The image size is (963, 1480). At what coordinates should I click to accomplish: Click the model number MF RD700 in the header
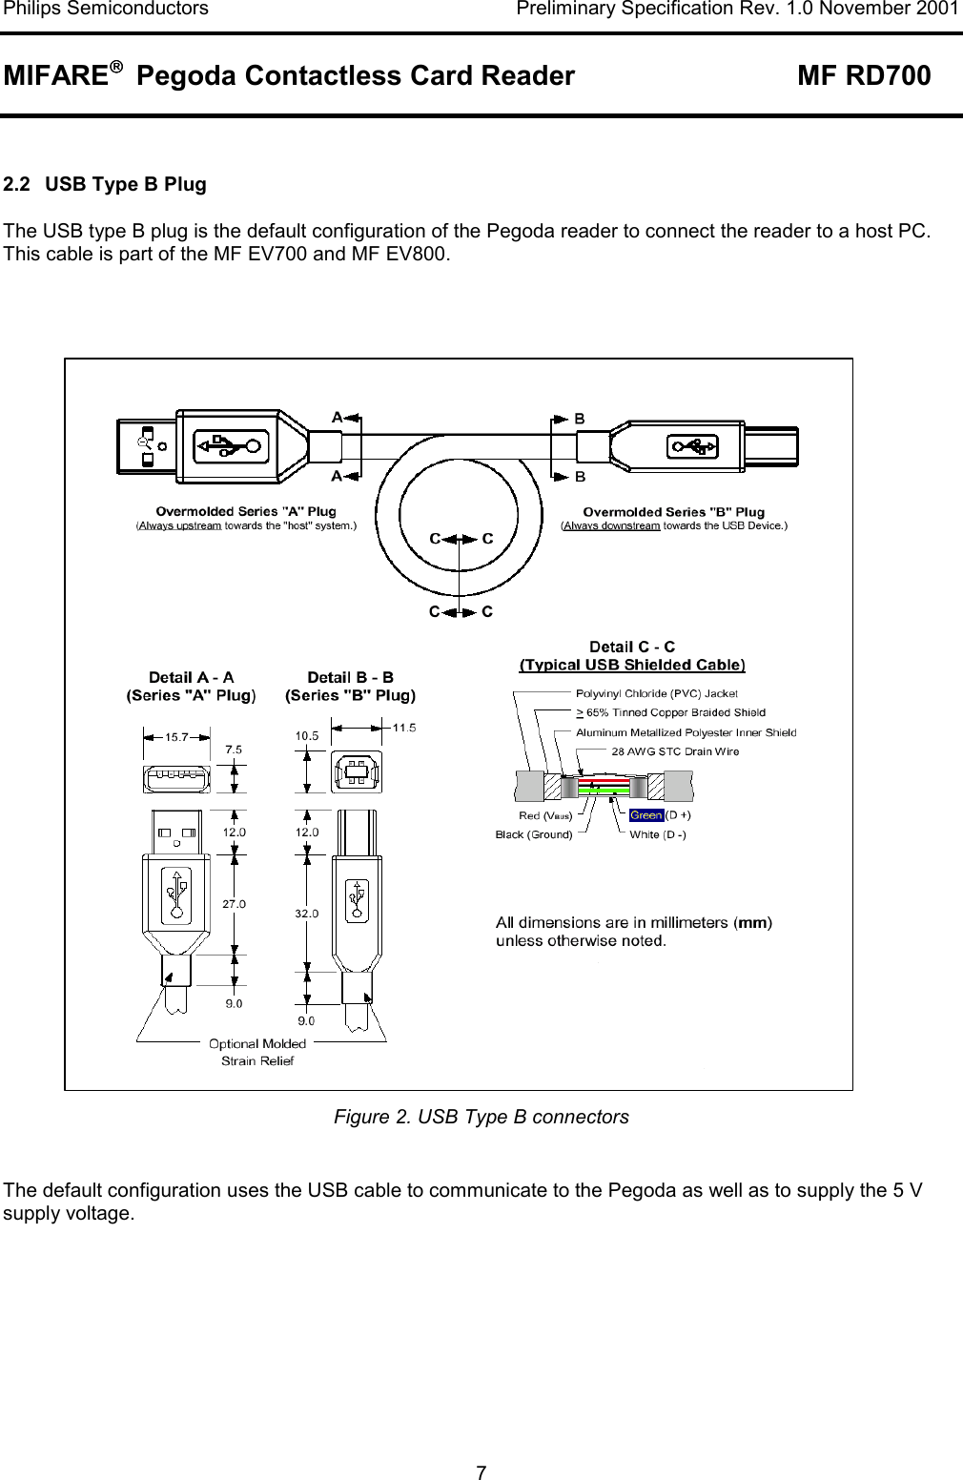[x=863, y=76]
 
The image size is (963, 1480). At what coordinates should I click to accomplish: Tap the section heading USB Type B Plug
[x=125, y=184]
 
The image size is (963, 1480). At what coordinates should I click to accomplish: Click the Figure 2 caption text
[x=481, y=1117]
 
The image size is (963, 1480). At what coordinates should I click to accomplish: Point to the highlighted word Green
[x=646, y=815]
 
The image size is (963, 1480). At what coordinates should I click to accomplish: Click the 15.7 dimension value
[x=176, y=735]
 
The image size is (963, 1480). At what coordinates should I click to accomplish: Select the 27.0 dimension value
[x=235, y=903]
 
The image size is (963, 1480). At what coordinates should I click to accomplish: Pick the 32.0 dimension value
[x=306, y=913]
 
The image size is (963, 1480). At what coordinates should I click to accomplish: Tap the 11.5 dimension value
[x=404, y=728]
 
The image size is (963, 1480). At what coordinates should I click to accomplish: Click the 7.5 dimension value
[x=234, y=750]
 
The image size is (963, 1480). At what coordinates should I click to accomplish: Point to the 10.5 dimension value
[x=306, y=735]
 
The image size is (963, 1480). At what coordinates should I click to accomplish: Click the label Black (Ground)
[x=534, y=834]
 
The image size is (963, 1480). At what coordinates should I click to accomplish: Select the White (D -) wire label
[x=658, y=834]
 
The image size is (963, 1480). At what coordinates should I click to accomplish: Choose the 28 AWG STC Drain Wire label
[x=674, y=751]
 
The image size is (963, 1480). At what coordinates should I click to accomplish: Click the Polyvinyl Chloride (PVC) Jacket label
[x=657, y=693]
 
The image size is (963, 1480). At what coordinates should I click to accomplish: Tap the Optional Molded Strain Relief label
[x=257, y=1052]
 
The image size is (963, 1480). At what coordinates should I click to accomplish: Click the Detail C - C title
[x=632, y=647]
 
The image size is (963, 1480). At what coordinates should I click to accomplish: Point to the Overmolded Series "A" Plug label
[x=246, y=512]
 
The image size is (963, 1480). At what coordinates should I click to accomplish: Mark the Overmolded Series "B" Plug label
[x=673, y=512]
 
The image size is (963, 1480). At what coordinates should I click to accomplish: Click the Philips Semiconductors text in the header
[x=105, y=10]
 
